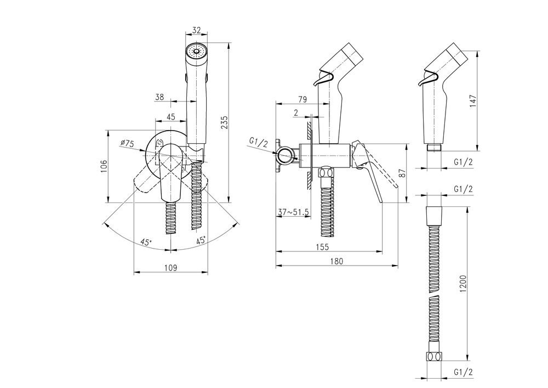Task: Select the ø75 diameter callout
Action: (128, 143)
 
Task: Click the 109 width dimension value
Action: (170, 268)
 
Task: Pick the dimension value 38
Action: (159, 97)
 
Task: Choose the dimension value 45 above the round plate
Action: (170, 116)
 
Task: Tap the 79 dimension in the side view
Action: (302, 99)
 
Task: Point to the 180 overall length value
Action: (336, 262)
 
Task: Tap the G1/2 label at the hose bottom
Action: (464, 372)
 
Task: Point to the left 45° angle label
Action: (145, 242)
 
